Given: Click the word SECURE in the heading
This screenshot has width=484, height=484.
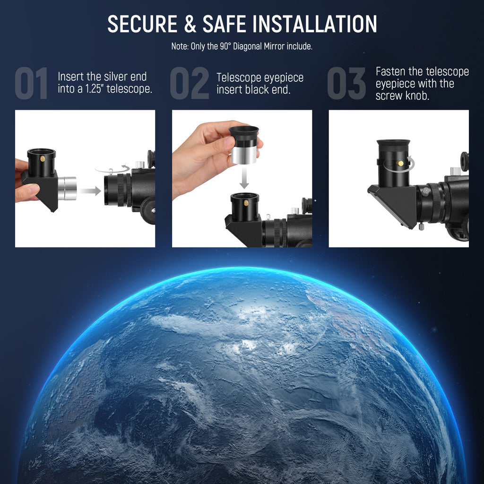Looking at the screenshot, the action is [142, 24].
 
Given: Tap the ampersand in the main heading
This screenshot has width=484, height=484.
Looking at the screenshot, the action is [190, 24].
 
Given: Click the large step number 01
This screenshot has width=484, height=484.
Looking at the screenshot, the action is [31, 83].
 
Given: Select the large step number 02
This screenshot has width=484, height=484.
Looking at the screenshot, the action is [190, 83].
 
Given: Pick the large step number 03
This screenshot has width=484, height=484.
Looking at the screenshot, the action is [346, 83].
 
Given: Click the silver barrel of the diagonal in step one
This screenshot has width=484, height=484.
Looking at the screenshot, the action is [67, 188].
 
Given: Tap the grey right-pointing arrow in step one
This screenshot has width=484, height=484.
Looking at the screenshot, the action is [90, 191].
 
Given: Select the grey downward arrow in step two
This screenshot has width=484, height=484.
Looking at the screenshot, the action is [244, 179].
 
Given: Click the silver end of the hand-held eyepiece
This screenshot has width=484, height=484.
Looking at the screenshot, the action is [244, 155].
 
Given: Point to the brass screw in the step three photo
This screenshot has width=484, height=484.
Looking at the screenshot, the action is [400, 163].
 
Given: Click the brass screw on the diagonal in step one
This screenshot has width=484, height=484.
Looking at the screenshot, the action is [43, 159].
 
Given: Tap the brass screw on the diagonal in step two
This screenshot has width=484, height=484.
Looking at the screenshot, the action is [246, 203].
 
